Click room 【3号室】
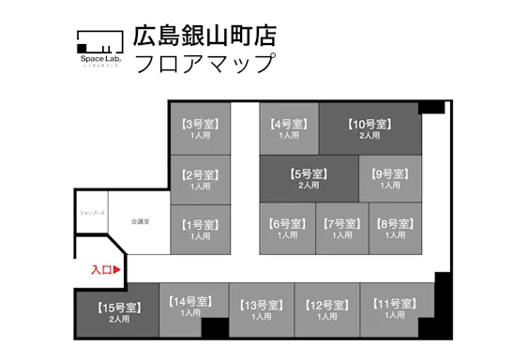(200, 128)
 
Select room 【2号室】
(200, 179)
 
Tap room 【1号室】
(200, 230)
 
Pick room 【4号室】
(288, 128)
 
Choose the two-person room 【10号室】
(370, 128)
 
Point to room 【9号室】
(390, 178)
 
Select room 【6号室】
(286, 229)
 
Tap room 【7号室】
(341, 229)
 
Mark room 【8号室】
(394, 229)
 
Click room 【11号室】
(394, 309)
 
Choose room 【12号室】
(327, 310)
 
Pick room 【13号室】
(262, 310)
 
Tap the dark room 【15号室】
(118, 312)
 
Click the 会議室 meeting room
(140, 221)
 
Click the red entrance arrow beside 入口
(118, 270)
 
